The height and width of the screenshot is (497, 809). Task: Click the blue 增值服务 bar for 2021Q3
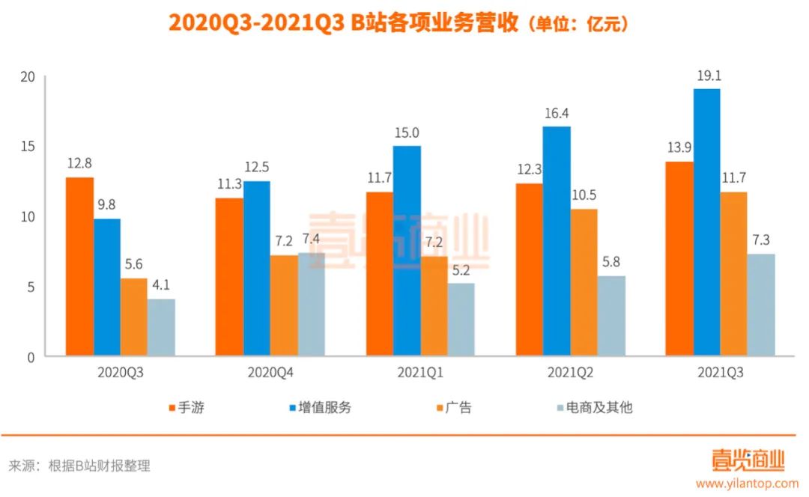coord(706,222)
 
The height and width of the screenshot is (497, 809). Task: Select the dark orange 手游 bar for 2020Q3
coord(79,266)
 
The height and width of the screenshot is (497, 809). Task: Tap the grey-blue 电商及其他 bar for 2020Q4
coord(311,305)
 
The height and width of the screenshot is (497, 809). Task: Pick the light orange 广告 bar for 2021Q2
coord(584,282)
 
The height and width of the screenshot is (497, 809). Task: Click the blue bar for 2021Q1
coord(407,251)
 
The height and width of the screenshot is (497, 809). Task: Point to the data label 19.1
coord(706,76)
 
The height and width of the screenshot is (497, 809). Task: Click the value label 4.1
coord(161,286)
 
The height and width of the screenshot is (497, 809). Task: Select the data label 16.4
coord(557,113)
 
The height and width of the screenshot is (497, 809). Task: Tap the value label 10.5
coord(584,196)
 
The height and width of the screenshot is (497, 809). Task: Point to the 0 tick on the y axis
coord(31,358)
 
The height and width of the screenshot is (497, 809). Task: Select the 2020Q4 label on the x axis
coord(270,371)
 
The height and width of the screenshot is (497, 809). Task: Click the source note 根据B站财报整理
coord(100,466)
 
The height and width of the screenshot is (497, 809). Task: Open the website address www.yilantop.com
coord(747,483)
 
